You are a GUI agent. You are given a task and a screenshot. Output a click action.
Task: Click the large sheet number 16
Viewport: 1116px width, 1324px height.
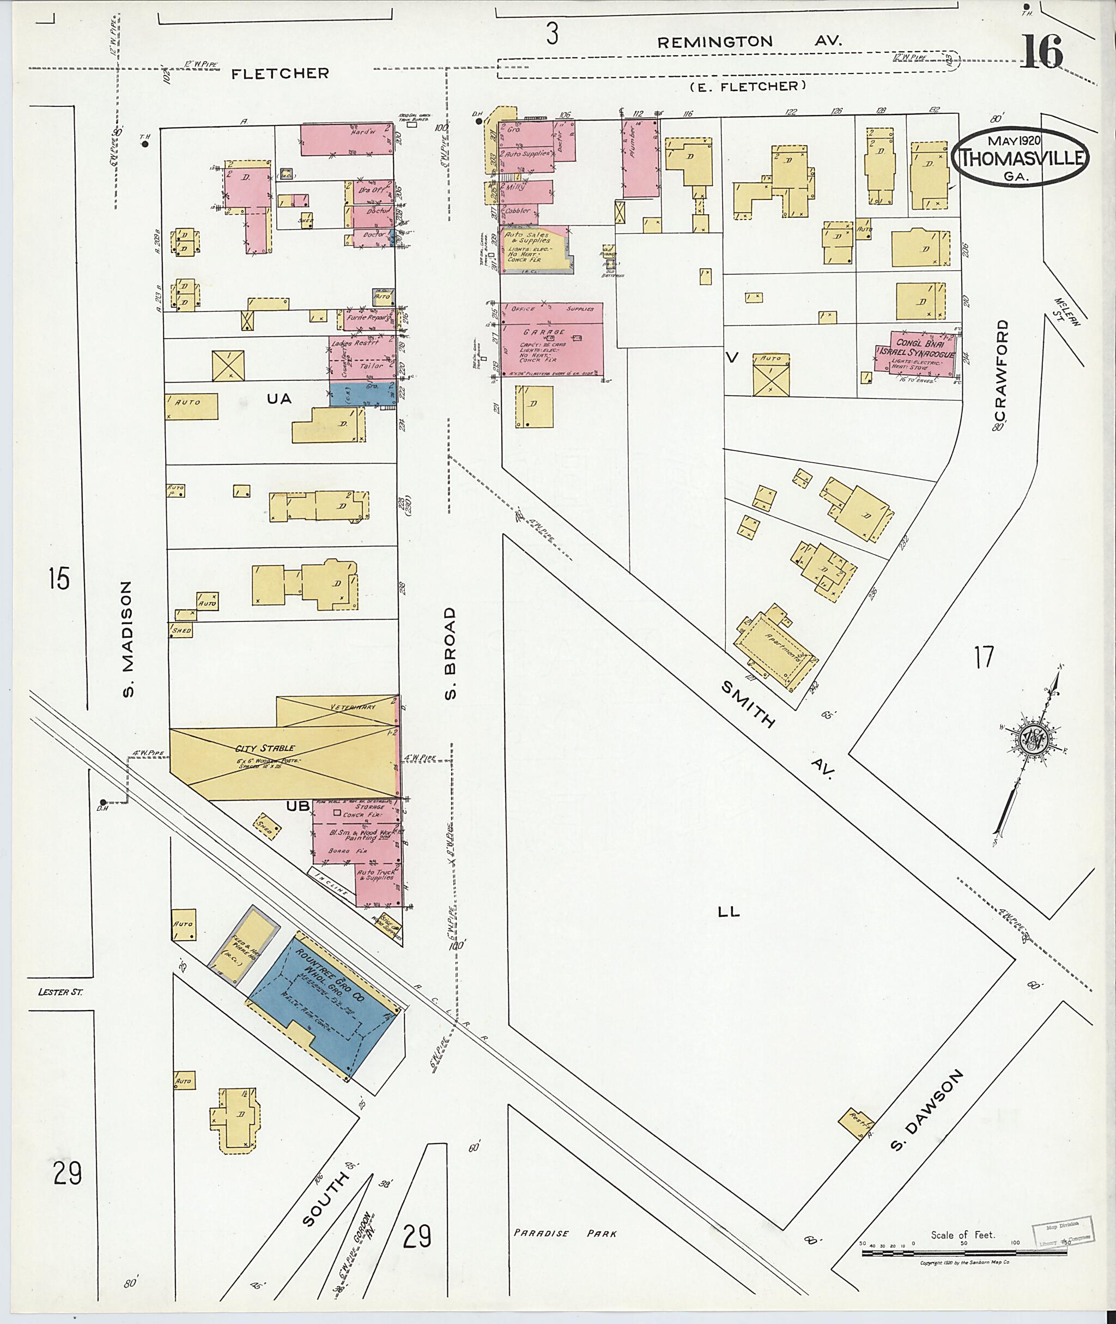click(x=1042, y=52)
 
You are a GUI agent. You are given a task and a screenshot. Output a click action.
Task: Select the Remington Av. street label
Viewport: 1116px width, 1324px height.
click(x=749, y=42)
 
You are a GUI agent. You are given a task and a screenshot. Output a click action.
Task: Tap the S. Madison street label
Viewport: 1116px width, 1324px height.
click(x=128, y=639)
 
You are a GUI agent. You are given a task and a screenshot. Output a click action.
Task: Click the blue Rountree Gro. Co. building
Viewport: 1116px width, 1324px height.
click(x=323, y=1005)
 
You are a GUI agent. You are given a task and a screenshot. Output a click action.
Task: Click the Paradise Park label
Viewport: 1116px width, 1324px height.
click(x=565, y=1233)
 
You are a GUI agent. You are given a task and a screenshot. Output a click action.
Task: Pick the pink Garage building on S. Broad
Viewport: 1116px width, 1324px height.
click(x=551, y=339)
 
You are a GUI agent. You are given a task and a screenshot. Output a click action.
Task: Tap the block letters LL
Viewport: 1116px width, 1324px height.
click(x=729, y=911)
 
